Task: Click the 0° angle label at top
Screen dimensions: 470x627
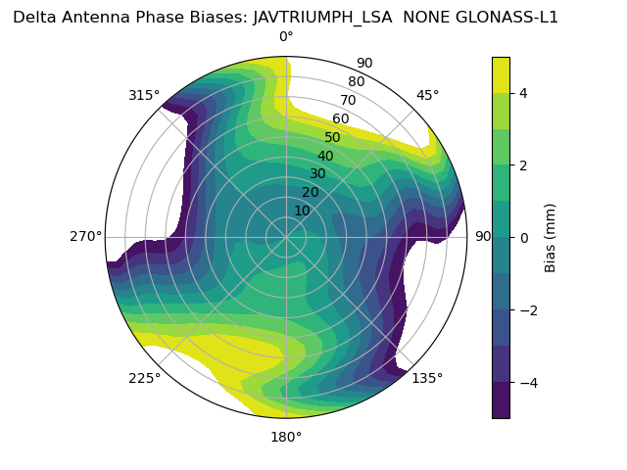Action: [286, 37]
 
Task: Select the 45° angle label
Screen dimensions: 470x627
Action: [427, 95]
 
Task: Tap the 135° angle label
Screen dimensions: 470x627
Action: [427, 378]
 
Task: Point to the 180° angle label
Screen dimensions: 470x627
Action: [286, 437]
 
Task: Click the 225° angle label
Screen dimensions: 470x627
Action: [144, 378]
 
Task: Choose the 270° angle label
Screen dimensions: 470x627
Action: [86, 236]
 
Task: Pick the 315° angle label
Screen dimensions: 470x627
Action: [144, 95]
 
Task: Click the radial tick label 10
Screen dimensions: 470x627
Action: [302, 211]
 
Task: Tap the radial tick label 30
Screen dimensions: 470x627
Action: [317, 174]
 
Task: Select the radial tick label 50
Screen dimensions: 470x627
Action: [333, 137]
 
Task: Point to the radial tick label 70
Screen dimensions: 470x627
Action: [349, 100]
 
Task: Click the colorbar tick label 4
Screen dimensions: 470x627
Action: [523, 93]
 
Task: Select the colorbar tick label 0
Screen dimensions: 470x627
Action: [523, 237]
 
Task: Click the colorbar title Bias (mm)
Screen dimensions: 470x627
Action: [551, 237]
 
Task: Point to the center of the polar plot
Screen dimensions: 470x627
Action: [286, 236]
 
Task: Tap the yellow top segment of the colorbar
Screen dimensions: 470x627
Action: [501, 74]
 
